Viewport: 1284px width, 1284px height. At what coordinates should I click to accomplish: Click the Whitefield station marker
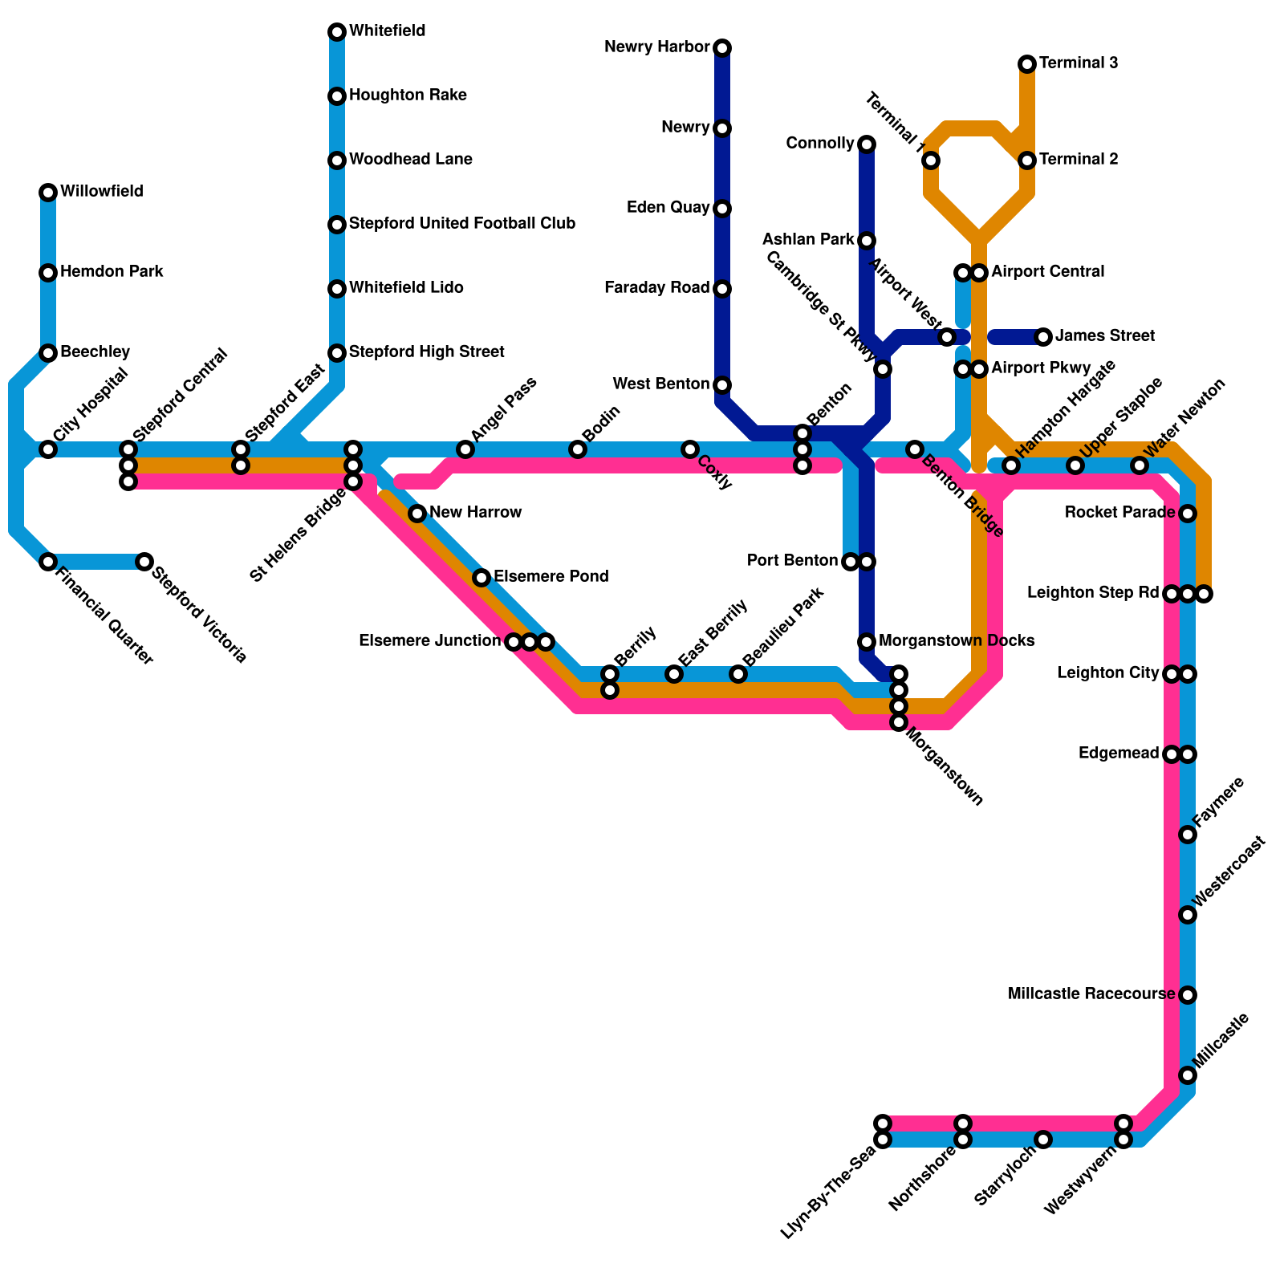pyautogui.click(x=337, y=32)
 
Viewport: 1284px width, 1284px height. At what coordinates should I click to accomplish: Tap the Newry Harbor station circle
pyautogui.click(x=722, y=48)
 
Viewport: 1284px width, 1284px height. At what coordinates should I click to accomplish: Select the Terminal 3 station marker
pyautogui.click(x=1027, y=64)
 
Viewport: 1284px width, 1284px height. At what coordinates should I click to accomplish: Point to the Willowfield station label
pyautogui.click(x=102, y=192)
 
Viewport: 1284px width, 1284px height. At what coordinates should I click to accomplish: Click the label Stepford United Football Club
pyautogui.click(x=462, y=224)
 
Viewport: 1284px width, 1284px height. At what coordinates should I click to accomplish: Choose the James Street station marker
pyautogui.click(x=1043, y=337)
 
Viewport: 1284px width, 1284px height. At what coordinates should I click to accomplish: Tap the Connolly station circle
pyautogui.click(x=867, y=144)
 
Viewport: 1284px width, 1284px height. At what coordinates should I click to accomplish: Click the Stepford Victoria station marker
pyautogui.click(x=144, y=562)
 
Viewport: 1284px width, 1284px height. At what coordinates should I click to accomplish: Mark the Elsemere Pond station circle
pyautogui.click(x=481, y=578)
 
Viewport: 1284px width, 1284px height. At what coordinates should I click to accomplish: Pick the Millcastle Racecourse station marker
pyautogui.click(x=1188, y=995)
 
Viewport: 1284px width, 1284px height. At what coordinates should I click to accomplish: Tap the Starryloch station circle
pyautogui.click(x=1043, y=1140)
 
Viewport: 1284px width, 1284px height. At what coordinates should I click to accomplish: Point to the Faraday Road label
pyautogui.click(x=657, y=288)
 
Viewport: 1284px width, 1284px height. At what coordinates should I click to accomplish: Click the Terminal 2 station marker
pyautogui.click(x=1027, y=160)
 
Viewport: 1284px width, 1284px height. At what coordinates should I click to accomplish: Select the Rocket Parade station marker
pyautogui.click(x=1188, y=514)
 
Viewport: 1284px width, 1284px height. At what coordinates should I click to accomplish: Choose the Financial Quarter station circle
pyautogui.click(x=48, y=562)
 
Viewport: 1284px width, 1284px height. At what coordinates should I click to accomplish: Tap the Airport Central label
pyautogui.click(x=1048, y=272)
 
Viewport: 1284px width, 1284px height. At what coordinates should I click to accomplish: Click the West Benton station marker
pyautogui.click(x=722, y=385)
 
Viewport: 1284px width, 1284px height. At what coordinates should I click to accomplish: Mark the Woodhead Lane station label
pyautogui.click(x=411, y=160)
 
